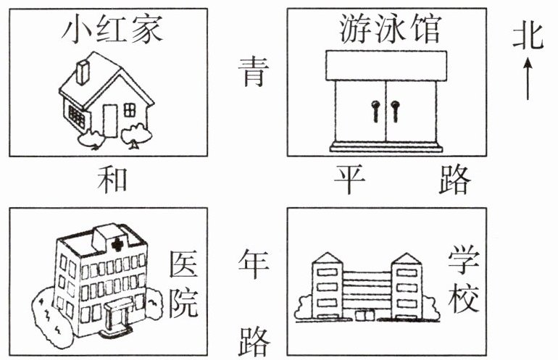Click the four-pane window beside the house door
130,110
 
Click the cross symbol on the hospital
117,245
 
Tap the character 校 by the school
462,298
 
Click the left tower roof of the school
328,258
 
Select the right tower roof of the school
407,258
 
